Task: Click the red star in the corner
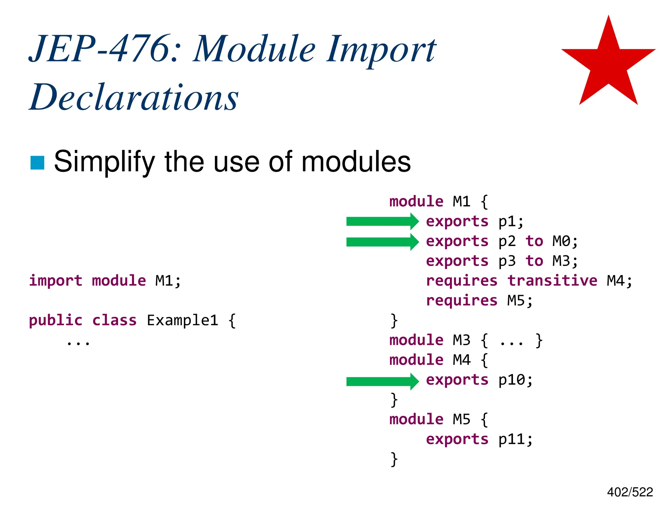608,64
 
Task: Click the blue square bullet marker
37,162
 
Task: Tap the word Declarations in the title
134,97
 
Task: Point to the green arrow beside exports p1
382,221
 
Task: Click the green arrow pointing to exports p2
382,241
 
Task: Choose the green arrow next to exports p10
382,381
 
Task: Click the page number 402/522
630,492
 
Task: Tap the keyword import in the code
56,280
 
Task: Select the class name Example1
182,320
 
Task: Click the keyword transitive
552,280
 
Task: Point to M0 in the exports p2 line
561,241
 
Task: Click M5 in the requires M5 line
516,300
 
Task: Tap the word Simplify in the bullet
104,162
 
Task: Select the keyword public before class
56,320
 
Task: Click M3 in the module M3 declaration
461,340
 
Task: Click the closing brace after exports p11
394,459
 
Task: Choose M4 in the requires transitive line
616,280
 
